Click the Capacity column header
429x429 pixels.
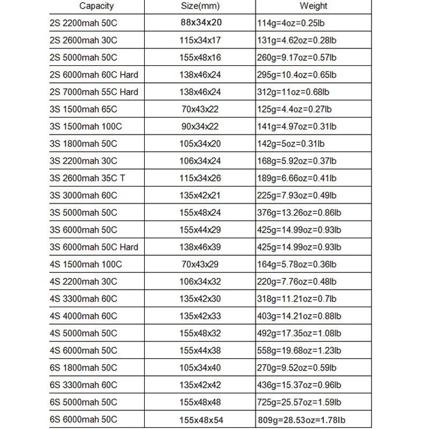point(97,6)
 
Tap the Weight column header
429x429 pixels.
point(313,6)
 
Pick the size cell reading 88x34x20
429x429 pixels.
point(201,24)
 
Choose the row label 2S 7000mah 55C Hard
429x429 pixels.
point(93,92)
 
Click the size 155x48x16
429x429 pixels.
point(201,57)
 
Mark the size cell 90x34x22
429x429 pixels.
point(201,126)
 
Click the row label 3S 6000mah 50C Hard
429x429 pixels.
point(93,247)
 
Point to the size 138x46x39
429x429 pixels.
point(201,247)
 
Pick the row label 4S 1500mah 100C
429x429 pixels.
point(85,264)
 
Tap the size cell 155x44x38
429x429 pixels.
point(201,351)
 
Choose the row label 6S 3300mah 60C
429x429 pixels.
point(83,385)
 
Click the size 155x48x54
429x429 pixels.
point(201,419)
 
